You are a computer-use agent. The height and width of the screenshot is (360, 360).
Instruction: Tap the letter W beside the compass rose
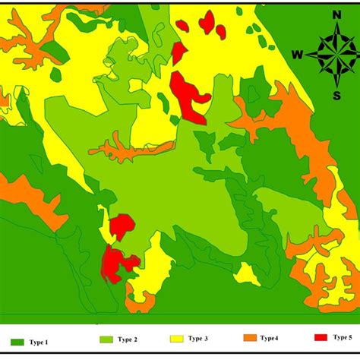tap(297, 54)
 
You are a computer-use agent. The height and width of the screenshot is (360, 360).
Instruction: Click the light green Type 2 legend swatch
tap(108, 339)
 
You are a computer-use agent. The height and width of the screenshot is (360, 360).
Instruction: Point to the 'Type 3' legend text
tap(201, 339)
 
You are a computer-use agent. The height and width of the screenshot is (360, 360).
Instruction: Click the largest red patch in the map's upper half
tap(190, 96)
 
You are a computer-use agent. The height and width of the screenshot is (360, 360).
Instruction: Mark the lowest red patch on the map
tap(117, 264)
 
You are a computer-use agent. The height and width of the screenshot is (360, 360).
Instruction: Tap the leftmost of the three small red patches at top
tap(182, 25)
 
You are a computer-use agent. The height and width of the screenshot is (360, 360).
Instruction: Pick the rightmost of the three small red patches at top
tap(220, 31)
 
